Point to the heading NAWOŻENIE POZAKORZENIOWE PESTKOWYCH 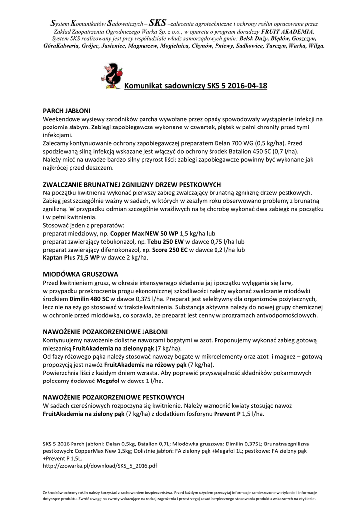[x=114, y=397]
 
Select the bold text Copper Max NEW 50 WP [x=144, y=233]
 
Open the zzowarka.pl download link [x=100, y=466]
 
